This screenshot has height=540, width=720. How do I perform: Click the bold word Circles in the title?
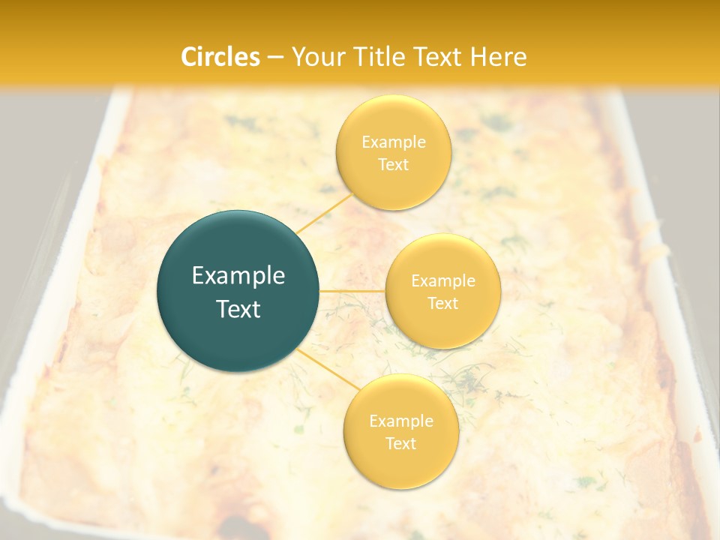click(220, 57)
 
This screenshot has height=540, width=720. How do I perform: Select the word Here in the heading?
click(499, 57)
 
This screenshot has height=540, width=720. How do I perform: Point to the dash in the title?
click(275, 58)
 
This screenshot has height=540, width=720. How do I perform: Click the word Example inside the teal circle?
click(238, 276)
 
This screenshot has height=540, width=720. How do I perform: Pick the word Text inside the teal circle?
click(238, 309)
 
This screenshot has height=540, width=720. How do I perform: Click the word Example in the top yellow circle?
click(393, 142)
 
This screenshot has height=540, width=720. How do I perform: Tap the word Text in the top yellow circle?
click(393, 164)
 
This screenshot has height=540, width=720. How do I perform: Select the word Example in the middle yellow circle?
click(442, 281)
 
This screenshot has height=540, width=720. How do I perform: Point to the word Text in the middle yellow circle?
click(442, 303)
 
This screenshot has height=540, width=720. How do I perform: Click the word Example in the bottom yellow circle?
click(400, 421)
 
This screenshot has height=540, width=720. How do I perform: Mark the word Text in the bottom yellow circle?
click(400, 443)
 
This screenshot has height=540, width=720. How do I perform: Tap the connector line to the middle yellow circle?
click(352, 290)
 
